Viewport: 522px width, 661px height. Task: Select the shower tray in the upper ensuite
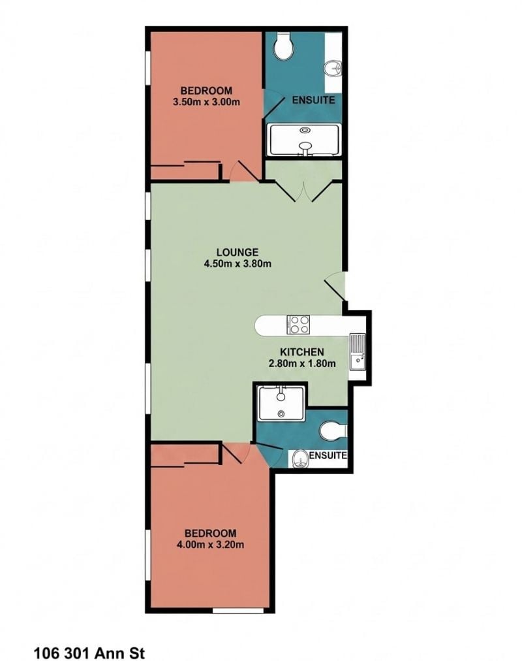(x=305, y=140)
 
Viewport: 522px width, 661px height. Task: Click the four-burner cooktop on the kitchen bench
(x=298, y=325)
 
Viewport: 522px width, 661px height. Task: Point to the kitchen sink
(x=358, y=351)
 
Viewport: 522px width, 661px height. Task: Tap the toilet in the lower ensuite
(x=333, y=431)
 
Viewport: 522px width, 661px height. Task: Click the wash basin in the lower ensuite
(x=300, y=459)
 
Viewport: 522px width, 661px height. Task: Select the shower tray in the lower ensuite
(x=281, y=404)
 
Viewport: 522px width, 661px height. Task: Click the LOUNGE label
(x=238, y=252)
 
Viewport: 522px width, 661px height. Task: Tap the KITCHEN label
(x=302, y=351)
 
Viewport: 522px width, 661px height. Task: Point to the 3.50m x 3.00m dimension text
(x=206, y=102)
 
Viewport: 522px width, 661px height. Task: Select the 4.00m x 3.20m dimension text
(x=211, y=544)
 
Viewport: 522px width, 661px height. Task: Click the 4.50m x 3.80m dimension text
(x=238, y=264)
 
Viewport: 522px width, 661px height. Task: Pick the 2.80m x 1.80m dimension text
(x=302, y=363)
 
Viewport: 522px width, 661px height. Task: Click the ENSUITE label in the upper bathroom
(x=314, y=100)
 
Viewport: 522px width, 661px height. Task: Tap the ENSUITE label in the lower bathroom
(x=328, y=455)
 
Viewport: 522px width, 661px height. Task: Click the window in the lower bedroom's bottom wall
(x=238, y=610)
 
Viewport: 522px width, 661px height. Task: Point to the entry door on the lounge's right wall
(x=335, y=287)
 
